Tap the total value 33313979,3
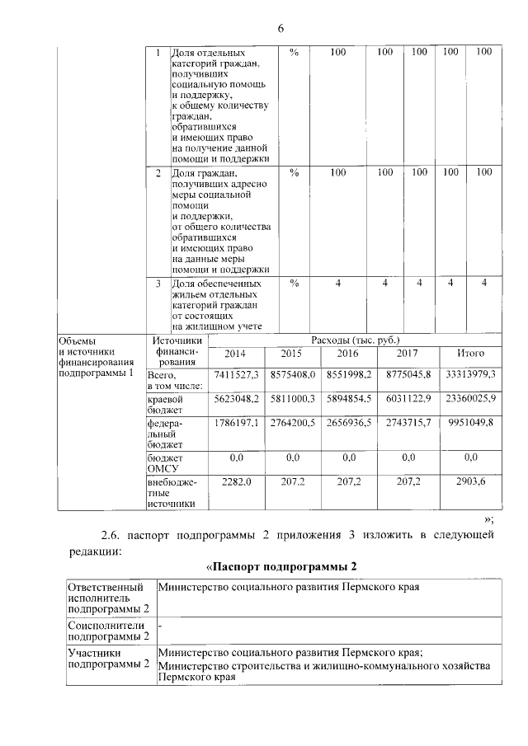pyautogui.click(x=470, y=375)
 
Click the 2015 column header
pyautogui.click(x=291, y=354)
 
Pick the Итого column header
pyautogui.click(x=470, y=354)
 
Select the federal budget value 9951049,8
pyautogui.click(x=470, y=423)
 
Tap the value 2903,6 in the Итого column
pyautogui.click(x=470, y=480)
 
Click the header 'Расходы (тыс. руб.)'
pyautogui.click(x=356, y=340)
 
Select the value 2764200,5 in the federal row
pyautogui.click(x=291, y=423)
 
